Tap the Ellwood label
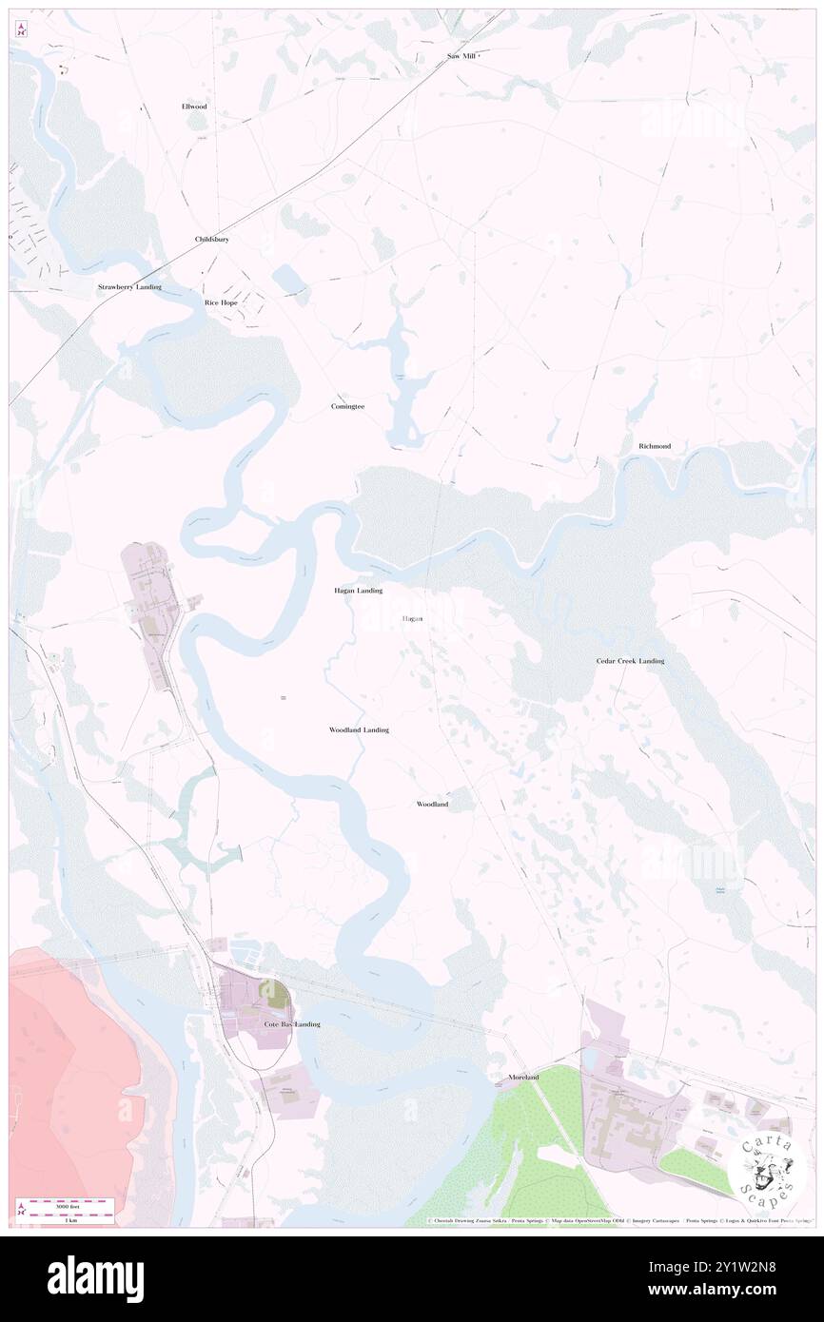194,107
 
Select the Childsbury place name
212,240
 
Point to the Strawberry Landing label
129,287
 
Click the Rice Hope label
221,302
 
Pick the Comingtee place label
347,406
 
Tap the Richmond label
655,446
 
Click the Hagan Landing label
358,591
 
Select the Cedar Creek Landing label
630,661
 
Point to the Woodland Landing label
359,729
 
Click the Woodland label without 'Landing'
432,805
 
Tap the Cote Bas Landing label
292,1024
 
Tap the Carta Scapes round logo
765,1167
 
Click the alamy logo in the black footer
95,1274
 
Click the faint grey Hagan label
412,619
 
